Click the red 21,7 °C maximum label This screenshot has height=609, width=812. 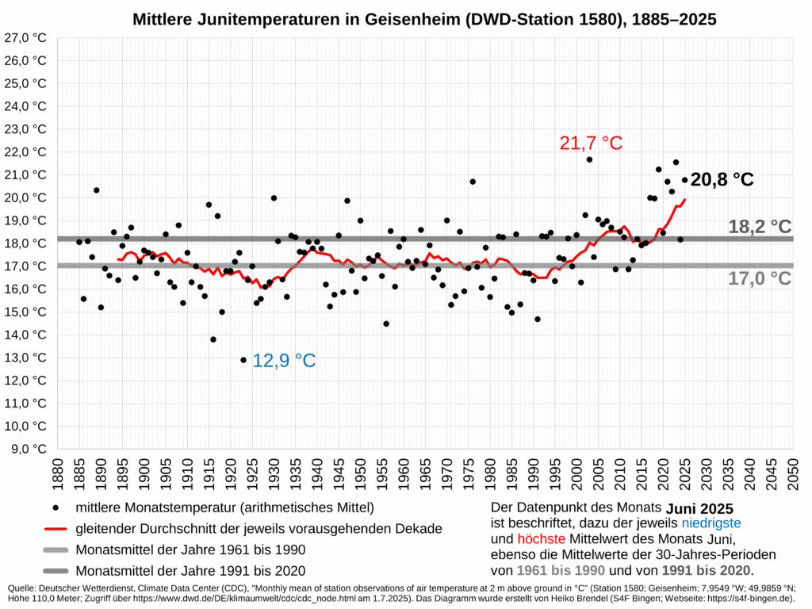click(x=591, y=144)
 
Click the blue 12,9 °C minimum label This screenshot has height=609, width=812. click(x=284, y=361)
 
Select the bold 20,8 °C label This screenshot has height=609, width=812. click(x=722, y=180)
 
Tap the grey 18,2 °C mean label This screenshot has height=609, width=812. click(x=759, y=227)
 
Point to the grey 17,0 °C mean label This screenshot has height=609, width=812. click(x=759, y=278)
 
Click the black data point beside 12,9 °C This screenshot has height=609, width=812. click(x=243, y=360)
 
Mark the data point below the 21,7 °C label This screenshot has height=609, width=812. click(x=589, y=159)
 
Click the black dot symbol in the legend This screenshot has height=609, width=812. click(x=55, y=507)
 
